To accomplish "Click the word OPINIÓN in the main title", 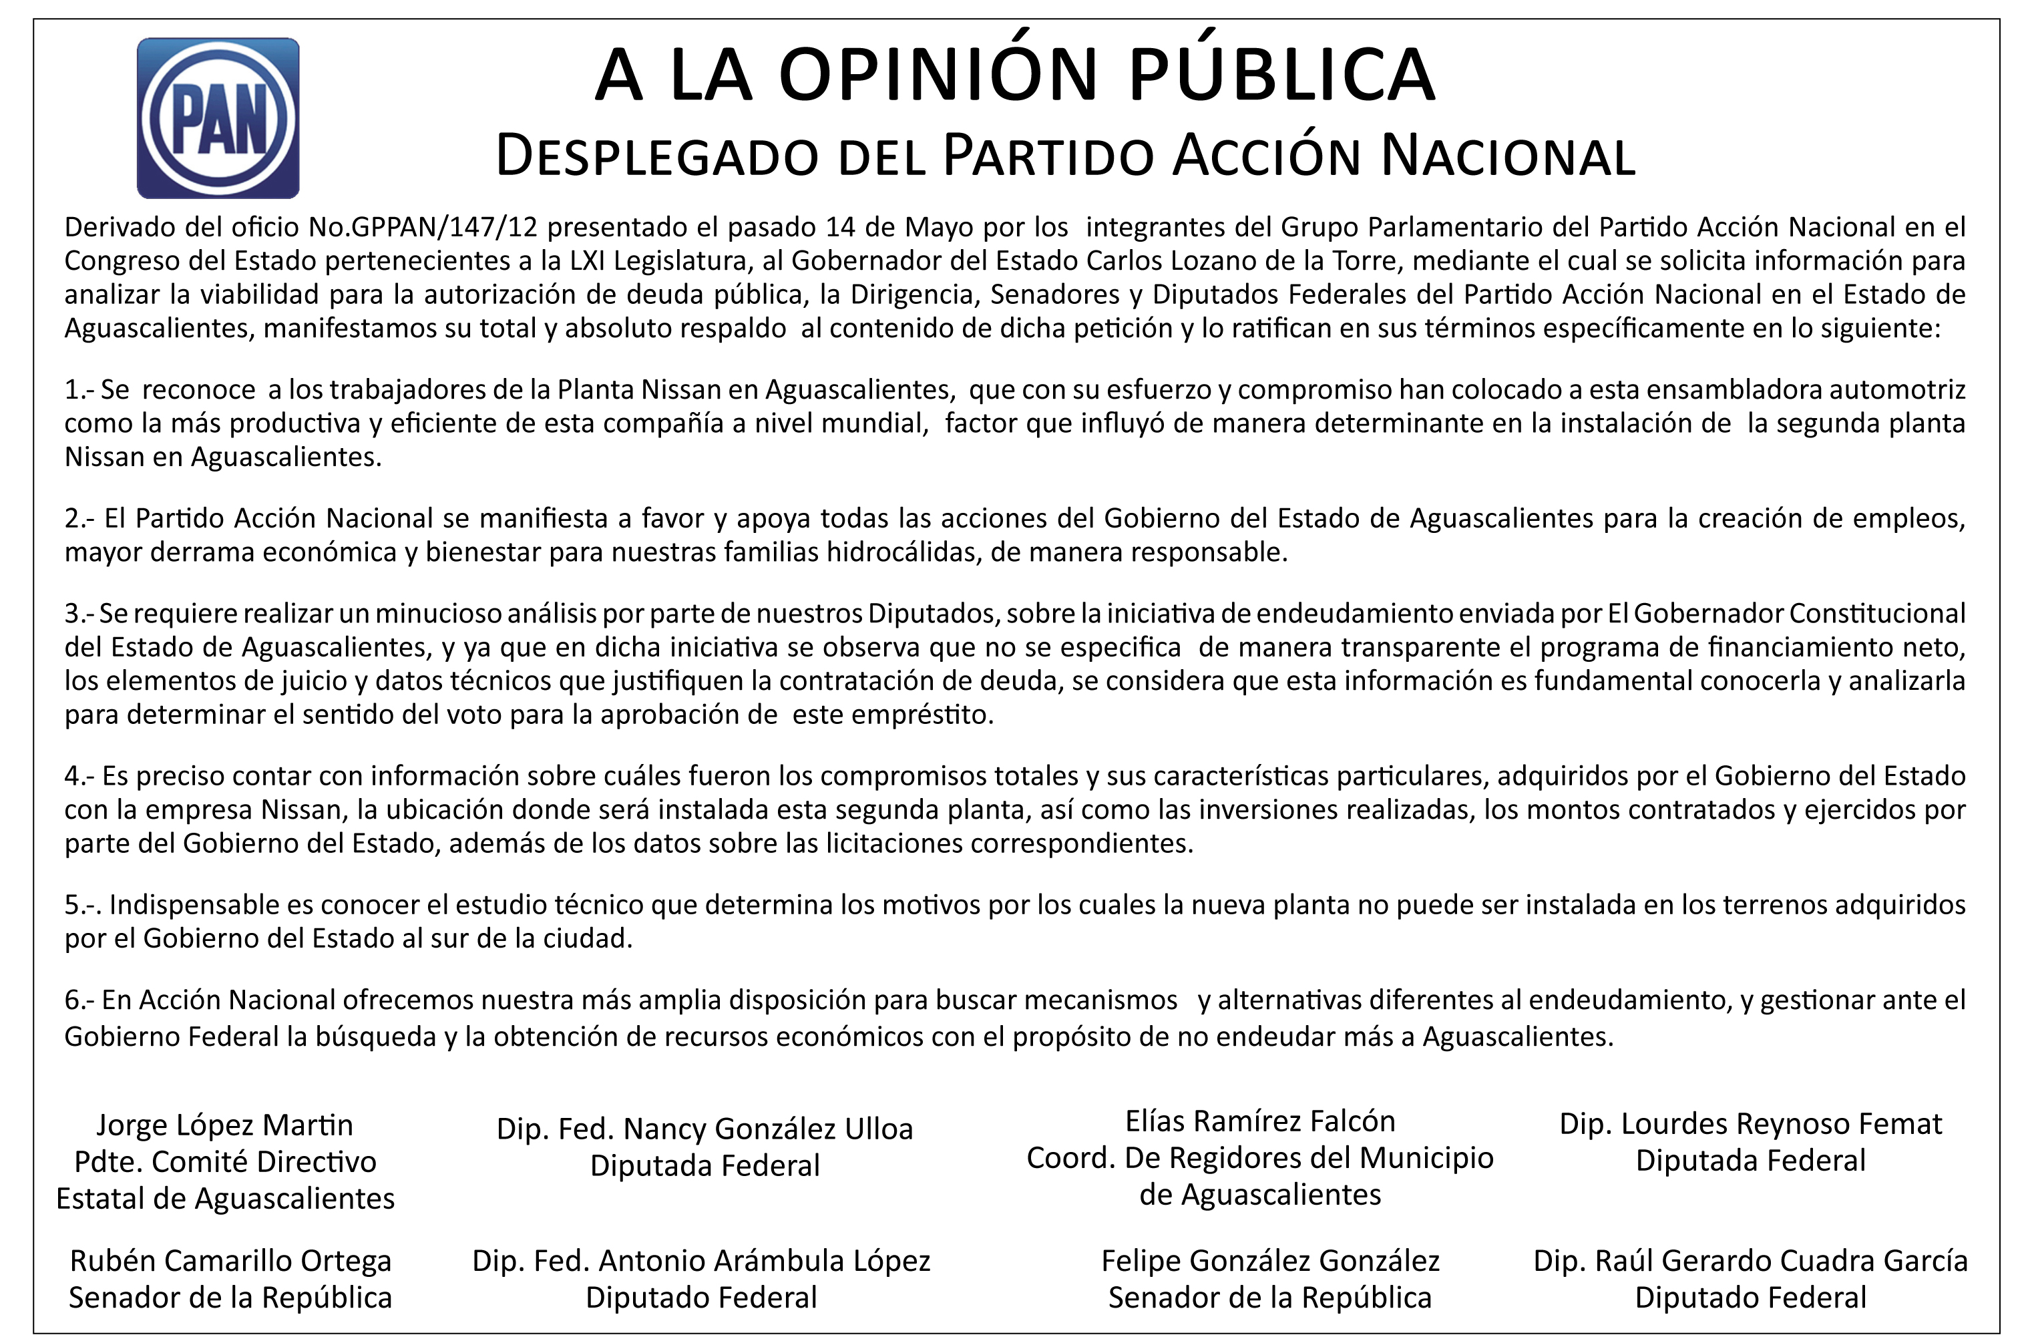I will tap(938, 75).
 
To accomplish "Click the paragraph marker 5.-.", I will tap(82, 904).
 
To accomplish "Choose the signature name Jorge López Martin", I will tap(224, 1125).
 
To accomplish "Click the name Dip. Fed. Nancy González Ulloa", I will tap(704, 1129).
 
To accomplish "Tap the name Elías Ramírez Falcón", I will tap(1259, 1121).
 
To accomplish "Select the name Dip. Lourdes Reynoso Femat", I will tap(1750, 1124).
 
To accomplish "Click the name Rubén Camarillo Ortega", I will tap(230, 1260).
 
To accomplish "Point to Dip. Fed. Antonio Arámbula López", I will tap(701, 1260).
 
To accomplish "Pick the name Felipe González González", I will tap(1269, 1260).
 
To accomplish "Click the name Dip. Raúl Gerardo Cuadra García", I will tap(1750, 1260).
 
